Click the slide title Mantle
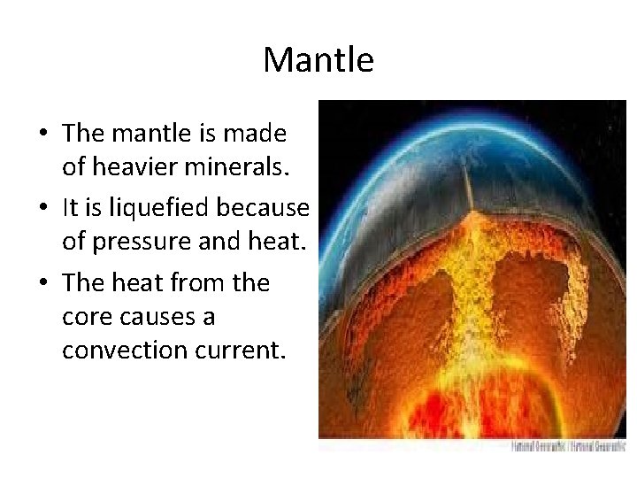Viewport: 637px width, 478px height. pyautogui.click(x=318, y=60)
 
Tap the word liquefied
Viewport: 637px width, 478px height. pyautogui.click(x=159, y=206)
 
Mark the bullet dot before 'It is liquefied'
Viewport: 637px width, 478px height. pyautogui.click(x=43, y=208)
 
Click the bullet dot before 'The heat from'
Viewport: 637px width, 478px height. pyautogui.click(x=43, y=284)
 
